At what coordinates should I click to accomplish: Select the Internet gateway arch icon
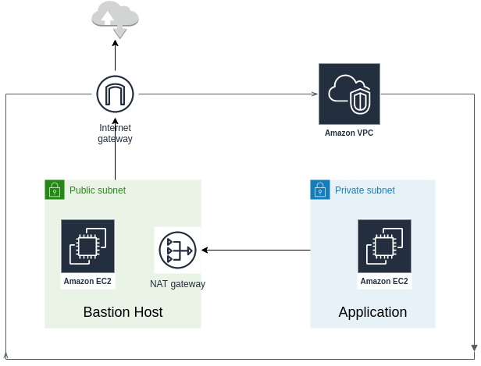coord(115,94)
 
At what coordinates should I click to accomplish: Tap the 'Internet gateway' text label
coord(115,133)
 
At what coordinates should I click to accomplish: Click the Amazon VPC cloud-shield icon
coord(349,94)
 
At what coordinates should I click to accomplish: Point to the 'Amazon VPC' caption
coord(349,133)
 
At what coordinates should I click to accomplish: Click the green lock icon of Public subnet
coord(54,189)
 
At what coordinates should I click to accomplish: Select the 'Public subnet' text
coord(97,190)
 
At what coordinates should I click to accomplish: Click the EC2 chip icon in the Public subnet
coord(87,247)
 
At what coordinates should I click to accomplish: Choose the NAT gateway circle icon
coord(177,251)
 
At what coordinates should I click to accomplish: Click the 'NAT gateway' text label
coord(177,284)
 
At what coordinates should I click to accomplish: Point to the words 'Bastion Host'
coord(123,312)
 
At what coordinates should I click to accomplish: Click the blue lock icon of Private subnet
coord(319,189)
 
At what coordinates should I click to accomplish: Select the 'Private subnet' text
coord(365,190)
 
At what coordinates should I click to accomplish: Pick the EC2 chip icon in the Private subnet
coord(384,247)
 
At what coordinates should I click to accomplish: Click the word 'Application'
coord(372,312)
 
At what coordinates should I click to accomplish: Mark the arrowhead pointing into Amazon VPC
coord(315,94)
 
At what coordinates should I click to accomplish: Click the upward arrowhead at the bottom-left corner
coord(6,354)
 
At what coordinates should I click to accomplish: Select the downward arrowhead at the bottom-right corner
coord(475,346)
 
